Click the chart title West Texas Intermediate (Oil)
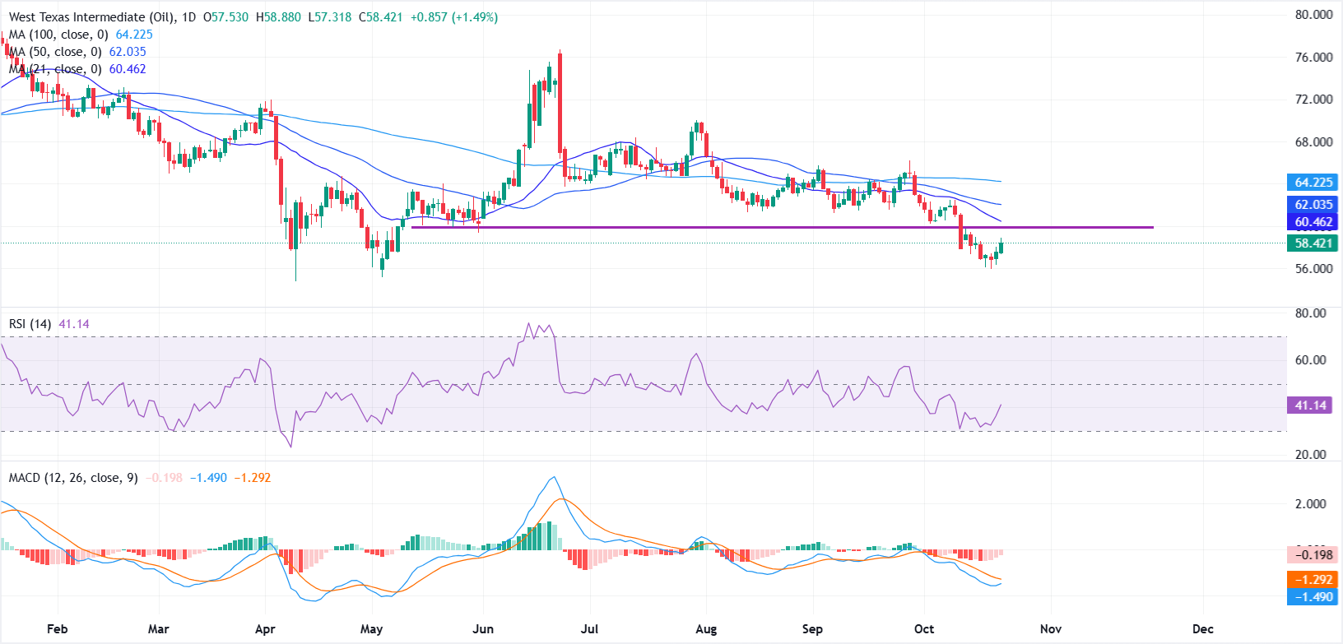coord(88,17)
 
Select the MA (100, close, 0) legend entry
coord(58,35)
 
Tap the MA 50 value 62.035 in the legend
coord(128,52)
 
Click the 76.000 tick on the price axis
coord(1313,58)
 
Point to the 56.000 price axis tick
coord(1313,269)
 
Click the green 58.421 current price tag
coord(1313,243)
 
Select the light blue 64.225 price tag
coord(1313,183)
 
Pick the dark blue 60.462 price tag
coord(1313,222)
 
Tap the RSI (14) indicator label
coord(30,324)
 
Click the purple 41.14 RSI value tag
coord(1310,405)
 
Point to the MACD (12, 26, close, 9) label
coord(73,478)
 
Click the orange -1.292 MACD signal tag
coord(1313,580)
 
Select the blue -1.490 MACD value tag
coord(1313,597)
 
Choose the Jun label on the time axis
coord(483,629)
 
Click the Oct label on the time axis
coord(924,629)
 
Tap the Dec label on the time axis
coord(1203,629)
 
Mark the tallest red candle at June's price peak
coord(560,103)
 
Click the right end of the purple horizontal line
coord(1153,227)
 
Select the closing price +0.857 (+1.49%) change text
coord(452,17)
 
